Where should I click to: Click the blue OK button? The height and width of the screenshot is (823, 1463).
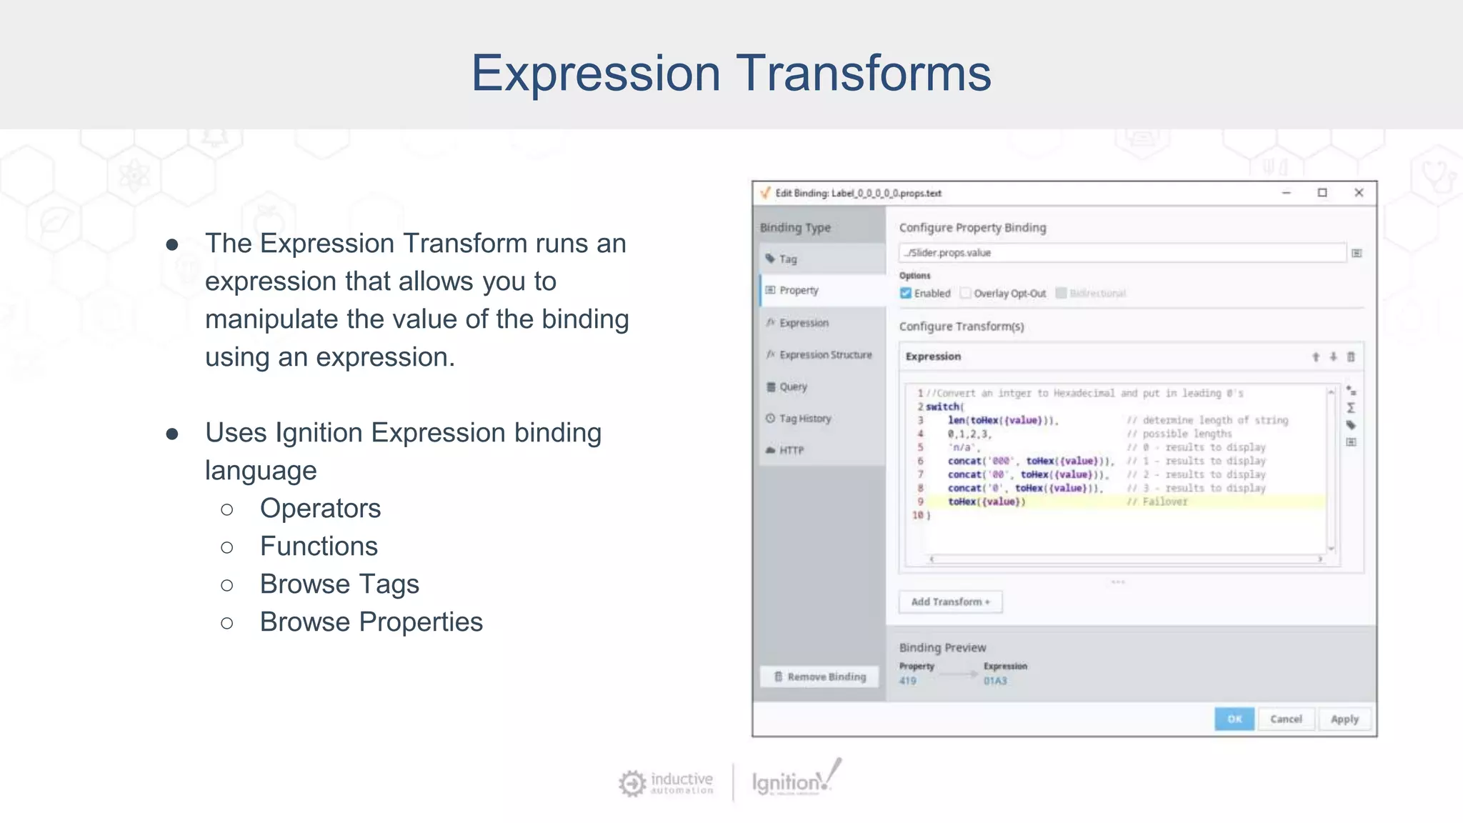pyautogui.click(x=1234, y=719)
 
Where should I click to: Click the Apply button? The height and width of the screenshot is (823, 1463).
pyautogui.click(x=1344, y=719)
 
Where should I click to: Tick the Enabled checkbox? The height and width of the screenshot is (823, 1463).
pyautogui.click(x=906, y=293)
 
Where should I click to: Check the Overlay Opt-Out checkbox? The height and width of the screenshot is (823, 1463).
pyautogui.click(x=966, y=293)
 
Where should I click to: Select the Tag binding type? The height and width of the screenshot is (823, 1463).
pyautogui.click(x=787, y=259)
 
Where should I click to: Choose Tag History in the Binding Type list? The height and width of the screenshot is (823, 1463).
pyautogui.click(x=804, y=419)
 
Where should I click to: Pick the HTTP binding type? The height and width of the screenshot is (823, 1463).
pyautogui.click(x=791, y=450)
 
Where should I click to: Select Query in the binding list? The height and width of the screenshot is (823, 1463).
pyautogui.click(x=793, y=386)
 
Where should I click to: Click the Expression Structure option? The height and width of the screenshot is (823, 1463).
pyautogui.click(x=825, y=354)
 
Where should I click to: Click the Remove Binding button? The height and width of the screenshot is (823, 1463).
pyautogui.click(x=819, y=676)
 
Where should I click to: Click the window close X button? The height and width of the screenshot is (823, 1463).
pyautogui.click(x=1359, y=193)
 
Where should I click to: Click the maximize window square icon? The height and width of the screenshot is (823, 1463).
pyautogui.click(x=1322, y=193)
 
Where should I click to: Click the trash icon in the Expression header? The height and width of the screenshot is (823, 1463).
pyautogui.click(x=1350, y=356)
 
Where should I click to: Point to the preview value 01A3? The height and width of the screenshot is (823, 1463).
pyautogui.click(x=995, y=681)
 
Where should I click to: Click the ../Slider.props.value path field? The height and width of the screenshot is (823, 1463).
pyautogui.click(x=1122, y=253)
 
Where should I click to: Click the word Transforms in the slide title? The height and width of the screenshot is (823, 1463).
pyautogui.click(x=863, y=73)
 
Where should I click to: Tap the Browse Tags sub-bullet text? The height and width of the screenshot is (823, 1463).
pyautogui.click(x=339, y=584)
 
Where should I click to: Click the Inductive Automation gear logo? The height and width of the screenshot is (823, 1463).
pyautogui.click(x=632, y=783)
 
